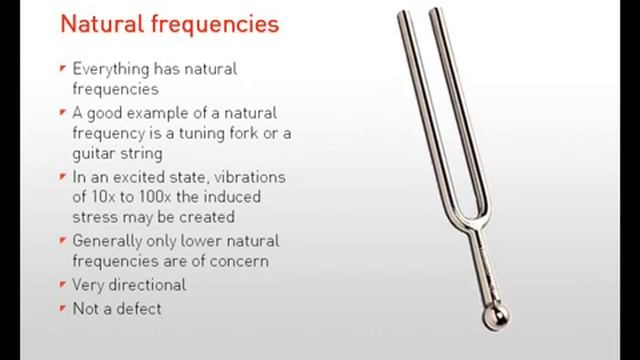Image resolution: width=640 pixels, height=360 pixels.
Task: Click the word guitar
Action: pos(94,154)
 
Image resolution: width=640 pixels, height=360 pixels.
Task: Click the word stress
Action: pos(95,217)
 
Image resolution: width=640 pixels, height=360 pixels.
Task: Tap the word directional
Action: pos(148,285)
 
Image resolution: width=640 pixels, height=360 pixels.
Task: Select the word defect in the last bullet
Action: pos(138,308)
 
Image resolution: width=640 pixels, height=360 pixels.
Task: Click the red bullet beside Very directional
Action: pos(63,284)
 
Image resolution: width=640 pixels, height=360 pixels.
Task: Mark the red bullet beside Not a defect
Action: pos(63,307)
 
